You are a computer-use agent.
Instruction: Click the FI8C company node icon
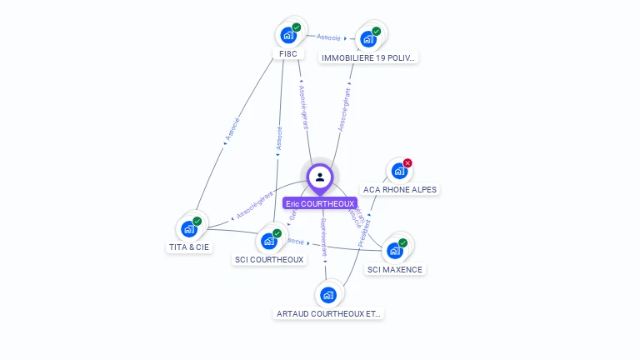[288, 35]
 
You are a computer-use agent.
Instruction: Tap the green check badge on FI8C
[297, 27]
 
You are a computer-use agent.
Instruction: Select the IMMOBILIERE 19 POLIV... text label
[369, 57]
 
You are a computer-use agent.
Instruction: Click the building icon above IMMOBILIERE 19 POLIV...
[367, 39]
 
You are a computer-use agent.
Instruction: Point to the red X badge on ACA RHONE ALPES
[407, 163]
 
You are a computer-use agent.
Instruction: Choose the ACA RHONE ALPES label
[400, 189]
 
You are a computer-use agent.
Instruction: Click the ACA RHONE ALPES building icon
[399, 172]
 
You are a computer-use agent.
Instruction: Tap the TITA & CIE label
[190, 247]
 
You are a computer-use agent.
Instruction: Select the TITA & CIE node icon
[189, 229]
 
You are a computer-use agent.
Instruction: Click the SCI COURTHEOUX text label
[269, 259]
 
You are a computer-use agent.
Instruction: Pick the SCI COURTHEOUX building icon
[268, 241]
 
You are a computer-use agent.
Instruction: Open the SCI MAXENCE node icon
[395, 250]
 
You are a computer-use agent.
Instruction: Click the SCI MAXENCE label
[395, 269]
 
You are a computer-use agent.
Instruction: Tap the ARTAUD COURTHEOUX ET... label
[328, 313]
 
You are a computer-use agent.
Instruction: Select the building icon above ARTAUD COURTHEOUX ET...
[328, 295]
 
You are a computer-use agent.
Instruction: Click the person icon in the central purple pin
[320, 177]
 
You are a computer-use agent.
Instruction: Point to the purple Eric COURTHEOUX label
[320, 203]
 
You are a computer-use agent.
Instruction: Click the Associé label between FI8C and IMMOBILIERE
[328, 37]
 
